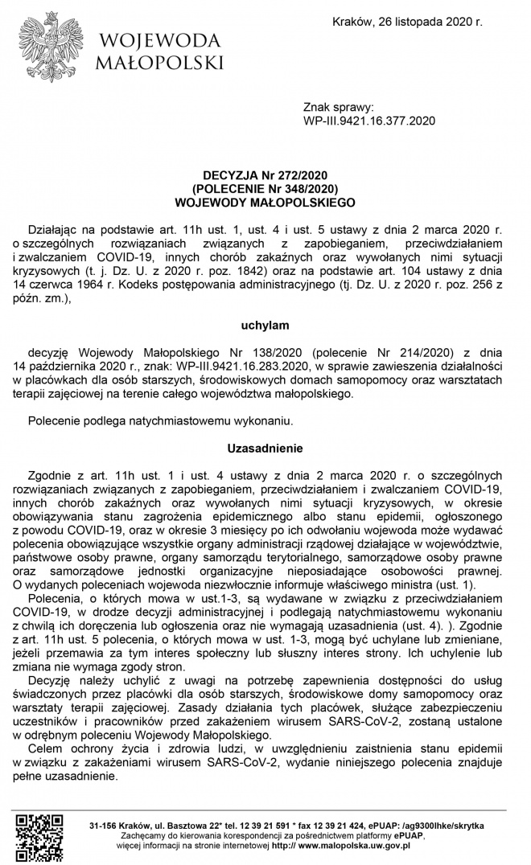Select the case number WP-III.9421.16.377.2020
pyautogui.click(x=368, y=121)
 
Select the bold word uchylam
pyautogui.click(x=265, y=326)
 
